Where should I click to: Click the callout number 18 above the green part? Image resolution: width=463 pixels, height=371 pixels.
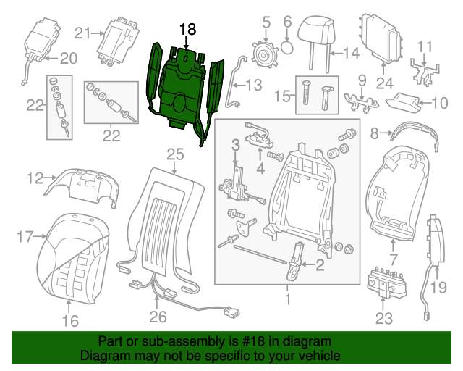(187, 28)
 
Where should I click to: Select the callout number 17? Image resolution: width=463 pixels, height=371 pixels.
(25, 235)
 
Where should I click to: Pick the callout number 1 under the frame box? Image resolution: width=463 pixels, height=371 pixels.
(287, 298)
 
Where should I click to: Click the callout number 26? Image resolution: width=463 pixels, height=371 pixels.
(157, 316)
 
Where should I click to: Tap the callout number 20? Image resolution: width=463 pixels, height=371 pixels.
(67, 58)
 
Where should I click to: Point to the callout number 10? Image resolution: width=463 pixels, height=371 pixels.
(439, 103)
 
